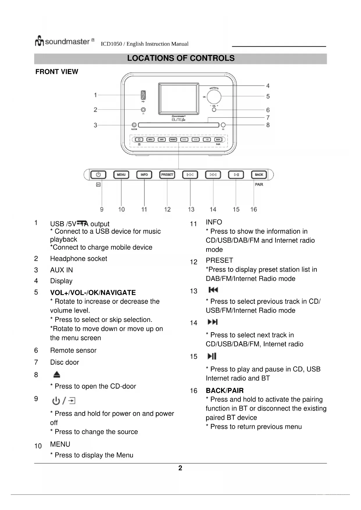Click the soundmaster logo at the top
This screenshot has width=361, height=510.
click(65, 41)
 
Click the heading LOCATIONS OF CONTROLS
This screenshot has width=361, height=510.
click(181, 58)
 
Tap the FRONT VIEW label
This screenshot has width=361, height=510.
click(57, 72)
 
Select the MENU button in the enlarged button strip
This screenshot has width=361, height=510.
click(121, 175)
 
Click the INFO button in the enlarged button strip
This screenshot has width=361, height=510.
click(144, 175)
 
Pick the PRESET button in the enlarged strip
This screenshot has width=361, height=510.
click(167, 175)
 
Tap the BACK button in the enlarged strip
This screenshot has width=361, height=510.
click(259, 175)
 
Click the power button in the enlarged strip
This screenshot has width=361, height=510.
click(98, 175)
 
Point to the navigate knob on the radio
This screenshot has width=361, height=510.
click(214, 96)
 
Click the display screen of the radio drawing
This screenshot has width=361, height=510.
click(179, 99)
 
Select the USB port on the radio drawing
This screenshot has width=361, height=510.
click(143, 95)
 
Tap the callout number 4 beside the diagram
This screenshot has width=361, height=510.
click(268, 86)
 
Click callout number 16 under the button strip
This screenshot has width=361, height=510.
click(254, 209)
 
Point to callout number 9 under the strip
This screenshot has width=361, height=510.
click(102, 209)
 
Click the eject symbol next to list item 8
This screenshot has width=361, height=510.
click(57, 375)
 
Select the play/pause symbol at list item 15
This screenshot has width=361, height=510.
click(212, 356)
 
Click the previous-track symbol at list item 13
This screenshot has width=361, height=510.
click(213, 290)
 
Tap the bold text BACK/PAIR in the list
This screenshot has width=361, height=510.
click(225, 390)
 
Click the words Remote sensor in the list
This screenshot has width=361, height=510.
click(73, 350)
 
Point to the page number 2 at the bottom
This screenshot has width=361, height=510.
click(180, 468)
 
